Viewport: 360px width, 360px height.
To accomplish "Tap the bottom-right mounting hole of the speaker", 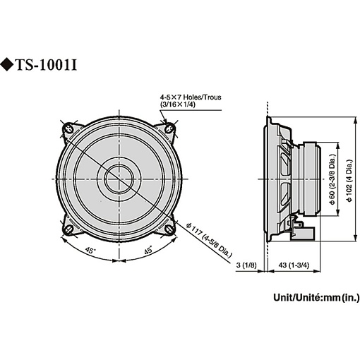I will (169, 229).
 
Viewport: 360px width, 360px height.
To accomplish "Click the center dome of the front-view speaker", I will (118, 179).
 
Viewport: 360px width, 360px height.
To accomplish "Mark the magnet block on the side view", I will (311, 180).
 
